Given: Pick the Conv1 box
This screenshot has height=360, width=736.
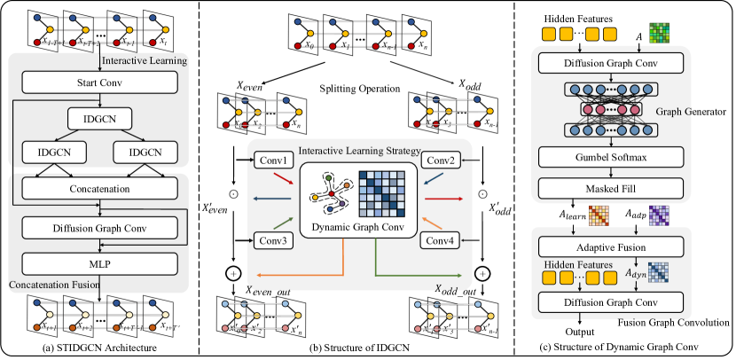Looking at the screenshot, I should [274, 161].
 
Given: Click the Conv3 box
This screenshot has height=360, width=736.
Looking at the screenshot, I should [274, 239].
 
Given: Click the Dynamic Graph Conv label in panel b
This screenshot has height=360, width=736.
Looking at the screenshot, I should [356, 229].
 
